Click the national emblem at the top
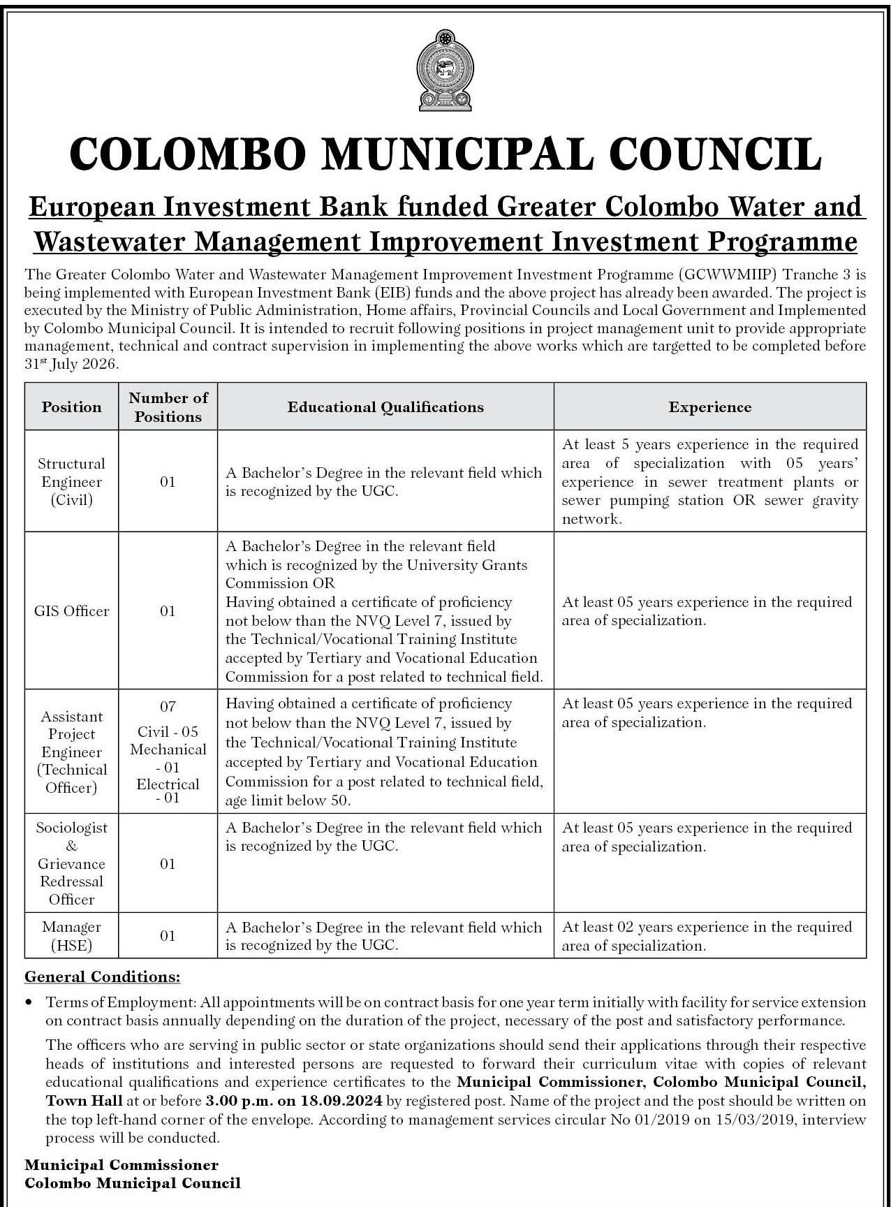tap(444, 69)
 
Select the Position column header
tap(71, 407)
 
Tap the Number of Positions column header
tap(168, 407)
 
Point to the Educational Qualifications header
tap(385, 407)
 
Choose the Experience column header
tap(709, 407)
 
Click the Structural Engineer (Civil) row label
tap(71, 482)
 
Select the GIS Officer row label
tap(71, 611)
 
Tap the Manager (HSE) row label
tap(71, 936)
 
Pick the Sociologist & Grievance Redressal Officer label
tap(71, 863)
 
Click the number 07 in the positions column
tap(168, 706)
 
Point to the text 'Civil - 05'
tap(168, 731)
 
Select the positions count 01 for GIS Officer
tap(168, 611)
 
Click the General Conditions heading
tap(102, 976)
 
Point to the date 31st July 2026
tap(71, 365)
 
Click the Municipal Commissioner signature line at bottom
tap(121, 1165)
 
